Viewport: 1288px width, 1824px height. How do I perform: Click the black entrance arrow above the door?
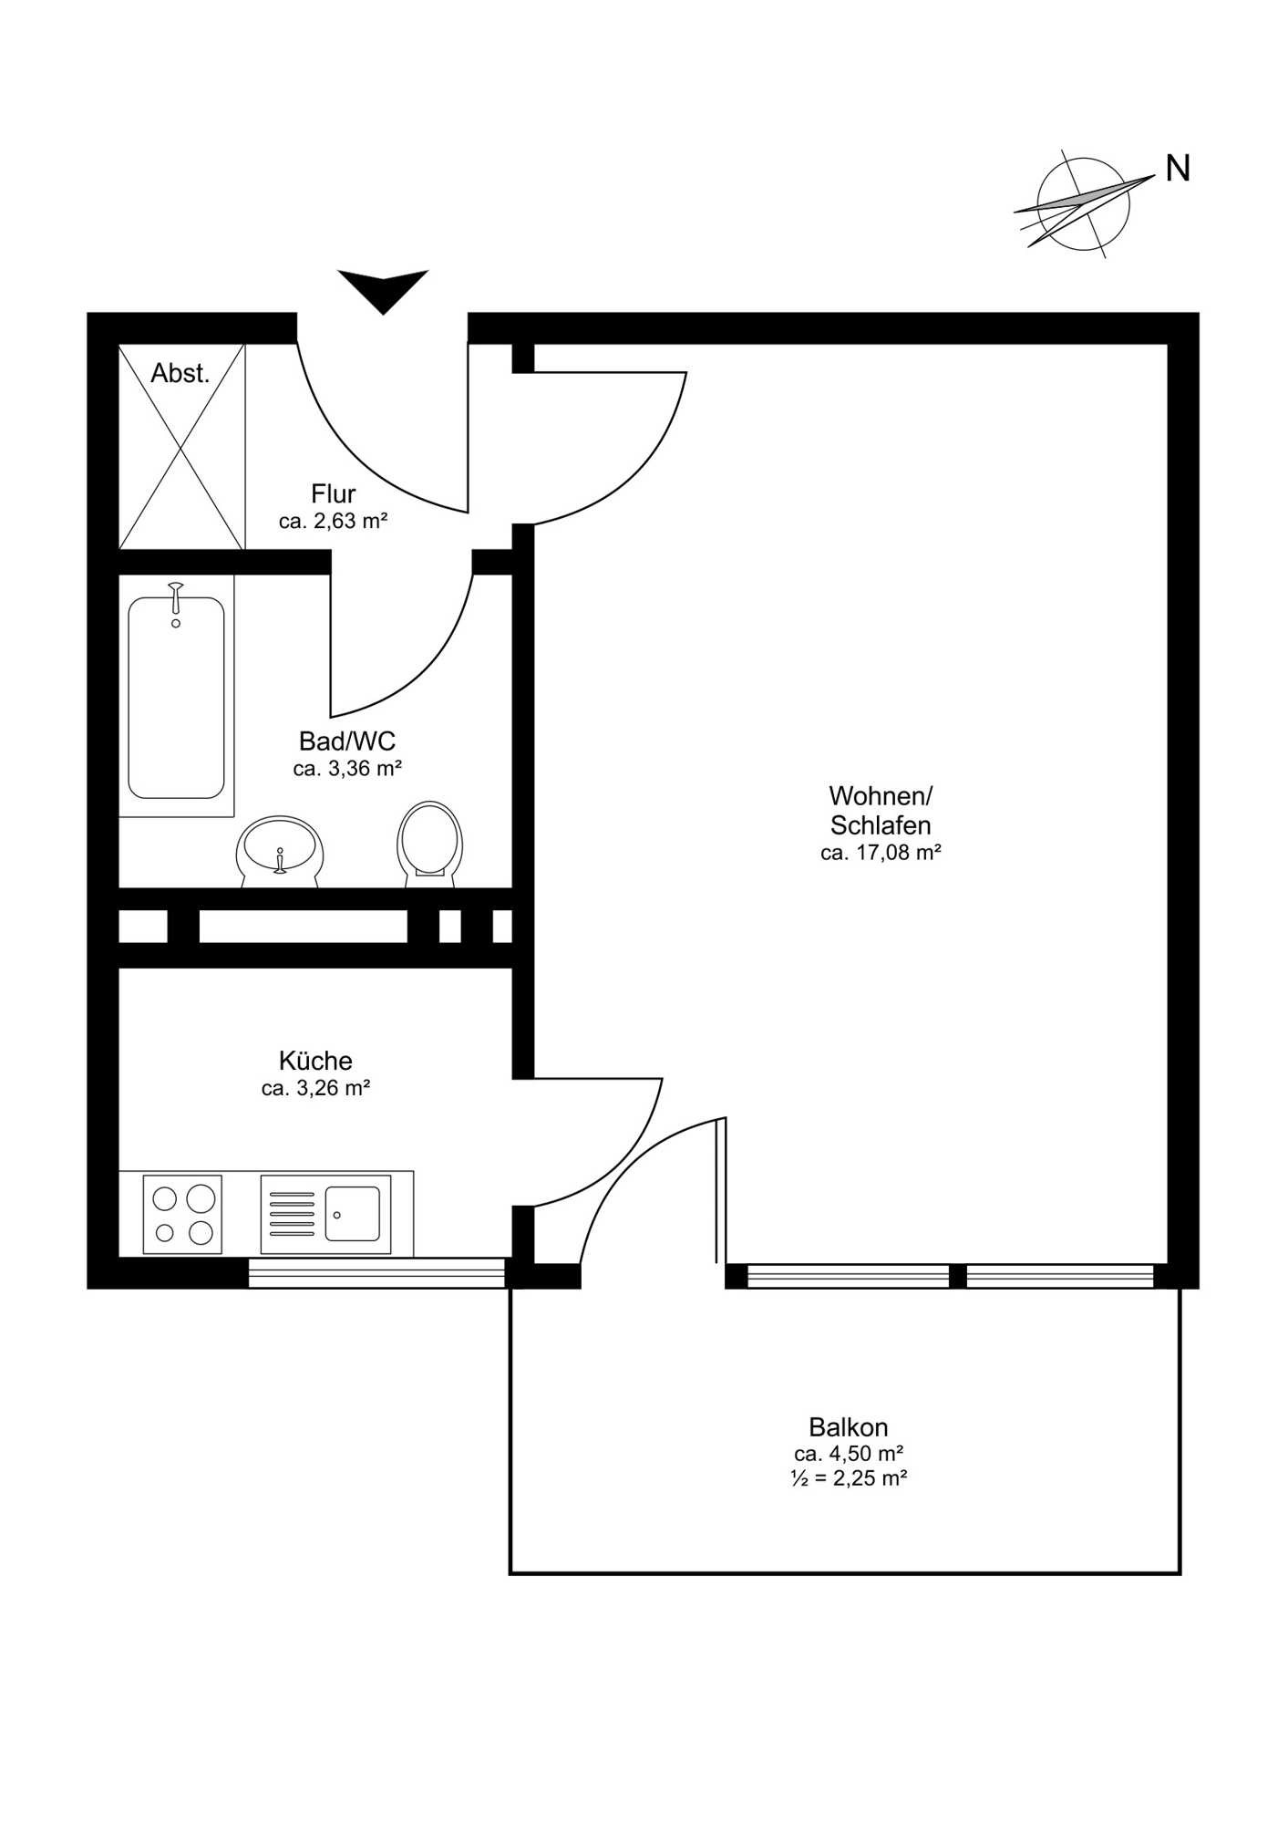point(383,287)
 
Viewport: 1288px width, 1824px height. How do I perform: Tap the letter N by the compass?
point(1178,168)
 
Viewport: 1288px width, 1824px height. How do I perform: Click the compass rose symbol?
point(1084,203)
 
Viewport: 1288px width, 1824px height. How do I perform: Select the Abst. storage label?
point(180,373)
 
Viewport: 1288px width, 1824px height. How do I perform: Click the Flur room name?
point(334,494)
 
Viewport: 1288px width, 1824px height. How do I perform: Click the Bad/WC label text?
point(347,741)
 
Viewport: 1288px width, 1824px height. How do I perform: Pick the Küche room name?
point(315,1061)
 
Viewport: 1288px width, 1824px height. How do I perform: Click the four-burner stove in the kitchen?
point(182,1214)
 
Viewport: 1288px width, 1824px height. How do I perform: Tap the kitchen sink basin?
point(353,1214)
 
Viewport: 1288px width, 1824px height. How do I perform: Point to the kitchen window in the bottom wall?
point(376,1273)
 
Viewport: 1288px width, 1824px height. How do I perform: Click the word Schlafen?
point(881,826)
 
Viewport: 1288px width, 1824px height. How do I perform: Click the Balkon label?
point(849,1426)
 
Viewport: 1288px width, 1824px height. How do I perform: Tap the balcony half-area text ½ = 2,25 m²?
point(849,1478)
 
